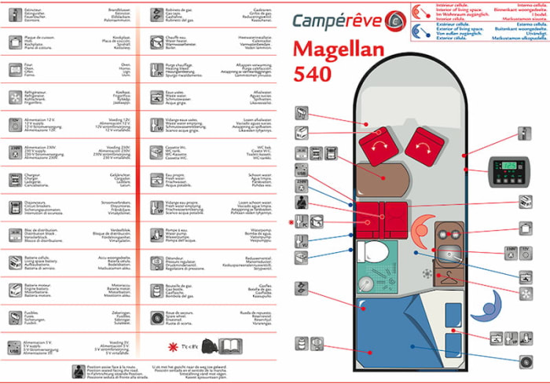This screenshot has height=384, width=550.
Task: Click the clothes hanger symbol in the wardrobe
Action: (x=445, y=276)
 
